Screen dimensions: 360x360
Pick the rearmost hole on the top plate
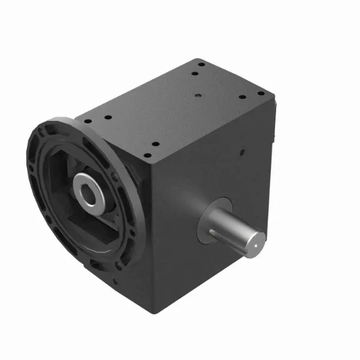pyautogui.click(x=202, y=65)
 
